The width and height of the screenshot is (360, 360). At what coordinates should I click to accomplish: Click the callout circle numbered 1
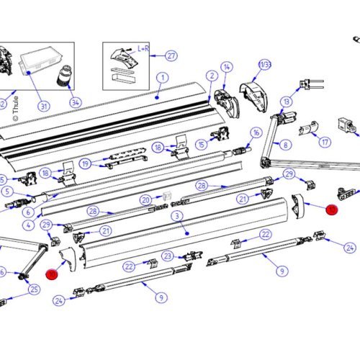162,78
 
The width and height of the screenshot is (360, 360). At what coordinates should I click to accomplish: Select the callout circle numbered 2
212,76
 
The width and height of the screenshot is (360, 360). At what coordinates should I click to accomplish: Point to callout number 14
227,67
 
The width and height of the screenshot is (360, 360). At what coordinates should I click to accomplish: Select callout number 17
325,141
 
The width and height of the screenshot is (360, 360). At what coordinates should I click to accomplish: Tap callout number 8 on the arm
286,145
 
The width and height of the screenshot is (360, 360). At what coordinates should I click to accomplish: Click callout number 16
256,132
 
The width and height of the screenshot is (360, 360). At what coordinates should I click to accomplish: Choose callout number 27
171,55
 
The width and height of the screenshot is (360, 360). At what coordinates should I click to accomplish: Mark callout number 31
43,107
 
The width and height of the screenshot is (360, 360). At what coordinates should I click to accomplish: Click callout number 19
86,163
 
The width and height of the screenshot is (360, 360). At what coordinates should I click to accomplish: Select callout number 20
145,199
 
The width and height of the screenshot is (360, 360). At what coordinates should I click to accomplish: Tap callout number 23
167,256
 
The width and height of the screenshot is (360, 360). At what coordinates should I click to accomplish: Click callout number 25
33,290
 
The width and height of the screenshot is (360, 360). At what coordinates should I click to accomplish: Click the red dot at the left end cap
52,274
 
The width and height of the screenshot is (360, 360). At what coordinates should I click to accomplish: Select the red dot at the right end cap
332,210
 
